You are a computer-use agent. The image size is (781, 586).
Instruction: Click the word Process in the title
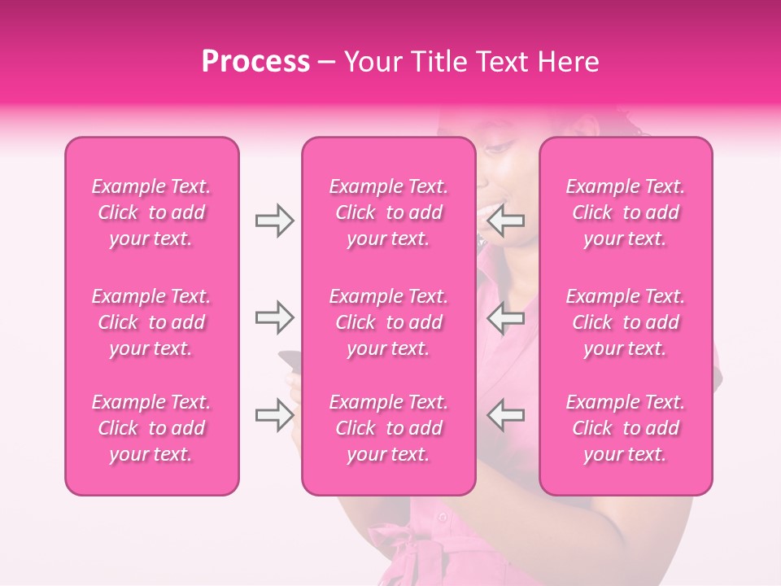point(255,62)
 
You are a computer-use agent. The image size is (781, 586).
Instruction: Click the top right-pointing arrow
point(274,220)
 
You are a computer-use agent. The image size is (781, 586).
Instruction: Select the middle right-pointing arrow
point(274,317)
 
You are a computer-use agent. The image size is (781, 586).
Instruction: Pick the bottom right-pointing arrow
point(274,416)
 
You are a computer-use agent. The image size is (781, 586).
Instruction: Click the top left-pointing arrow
point(505,220)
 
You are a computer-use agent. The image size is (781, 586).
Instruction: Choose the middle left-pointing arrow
point(505,317)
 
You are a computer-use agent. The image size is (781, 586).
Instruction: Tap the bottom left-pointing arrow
point(505,416)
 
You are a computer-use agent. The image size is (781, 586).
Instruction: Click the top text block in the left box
point(151,212)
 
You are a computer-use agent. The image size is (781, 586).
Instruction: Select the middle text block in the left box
point(151,322)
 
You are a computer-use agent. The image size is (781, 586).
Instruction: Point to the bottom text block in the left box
point(151,428)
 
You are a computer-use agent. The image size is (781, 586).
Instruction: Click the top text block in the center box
point(389,212)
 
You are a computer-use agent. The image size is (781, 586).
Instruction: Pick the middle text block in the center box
point(389,322)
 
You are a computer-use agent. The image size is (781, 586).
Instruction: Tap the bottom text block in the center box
point(389,428)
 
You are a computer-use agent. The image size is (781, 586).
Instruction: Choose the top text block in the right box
point(626,212)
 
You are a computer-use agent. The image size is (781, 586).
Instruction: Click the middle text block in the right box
point(626,322)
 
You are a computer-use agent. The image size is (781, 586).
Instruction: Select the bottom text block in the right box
point(626,428)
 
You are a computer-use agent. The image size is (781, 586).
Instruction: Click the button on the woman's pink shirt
point(443,516)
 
